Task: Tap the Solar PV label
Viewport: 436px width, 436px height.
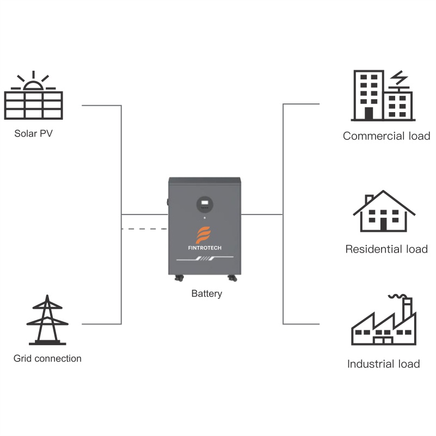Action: pyautogui.click(x=34, y=133)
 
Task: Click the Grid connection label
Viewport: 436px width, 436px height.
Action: pyautogui.click(x=47, y=359)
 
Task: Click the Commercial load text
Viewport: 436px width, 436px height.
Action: pyautogui.click(x=386, y=136)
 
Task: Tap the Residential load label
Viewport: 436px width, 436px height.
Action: pyautogui.click(x=386, y=249)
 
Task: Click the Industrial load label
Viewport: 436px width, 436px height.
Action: pyautogui.click(x=384, y=364)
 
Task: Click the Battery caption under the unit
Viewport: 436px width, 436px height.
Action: pyautogui.click(x=207, y=294)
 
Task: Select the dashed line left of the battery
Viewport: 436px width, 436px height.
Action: pyautogui.click(x=144, y=229)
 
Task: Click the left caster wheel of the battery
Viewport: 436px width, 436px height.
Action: pyautogui.click(x=178, y=279)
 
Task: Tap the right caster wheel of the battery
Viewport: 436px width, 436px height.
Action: pyautogui.click(x=232, y=279)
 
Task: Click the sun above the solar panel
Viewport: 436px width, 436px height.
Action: pyautogui.click(x=33, y=84)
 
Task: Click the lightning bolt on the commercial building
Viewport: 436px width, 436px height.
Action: pyautogui.click(x=400, y=78)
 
